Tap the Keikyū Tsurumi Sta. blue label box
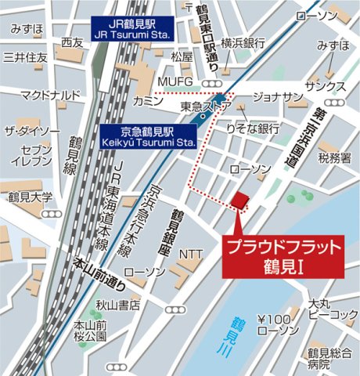tap(146, 136)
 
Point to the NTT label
tap(190, 254)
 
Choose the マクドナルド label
tap(50, 96)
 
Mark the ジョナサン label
tap(278, 96)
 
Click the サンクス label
tap(326, 85)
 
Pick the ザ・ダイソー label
tap(32, 131)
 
